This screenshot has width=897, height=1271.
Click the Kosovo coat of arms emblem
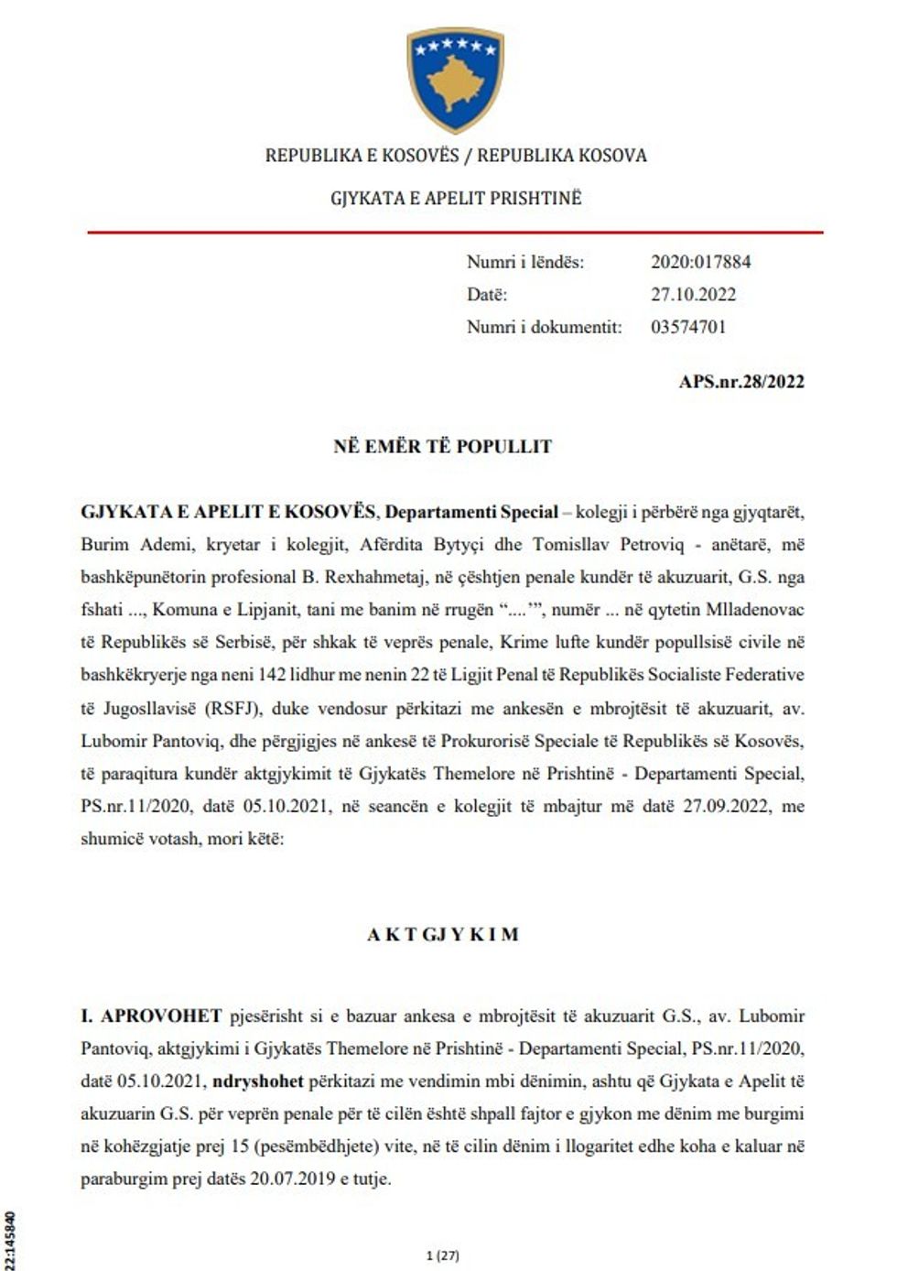coord(455,80)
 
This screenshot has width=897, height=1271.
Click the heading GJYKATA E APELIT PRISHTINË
coord(456,198)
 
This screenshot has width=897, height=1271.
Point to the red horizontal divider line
coord(455,233)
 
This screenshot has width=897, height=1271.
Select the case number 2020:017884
coord(700,262)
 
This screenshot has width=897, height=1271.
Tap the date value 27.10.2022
coord(693,295)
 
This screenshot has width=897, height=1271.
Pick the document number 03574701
coord(688,327)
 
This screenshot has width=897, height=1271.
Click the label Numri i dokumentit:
coord(544,327)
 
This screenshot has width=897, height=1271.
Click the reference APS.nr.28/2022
coord(741,382)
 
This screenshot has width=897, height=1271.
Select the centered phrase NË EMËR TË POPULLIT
coord(443,447)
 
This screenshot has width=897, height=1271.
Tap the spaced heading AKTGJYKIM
coord(443,935)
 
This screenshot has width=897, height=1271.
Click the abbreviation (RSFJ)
coord(231,709)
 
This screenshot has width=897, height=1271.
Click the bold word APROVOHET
coord(161,1016)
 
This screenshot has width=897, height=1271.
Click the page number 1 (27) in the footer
coord(443,1255)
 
